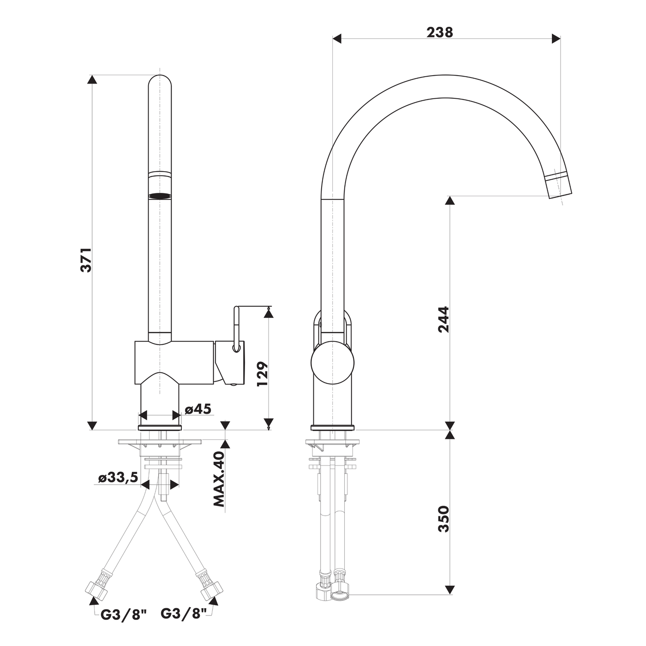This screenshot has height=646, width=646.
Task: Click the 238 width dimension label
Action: pos(439,32)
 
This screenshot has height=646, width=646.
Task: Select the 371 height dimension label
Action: pos(86,260)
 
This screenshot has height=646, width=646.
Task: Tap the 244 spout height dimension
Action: pos(443,319)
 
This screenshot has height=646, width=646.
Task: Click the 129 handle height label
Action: pos(263,374)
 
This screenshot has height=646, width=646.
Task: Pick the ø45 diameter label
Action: pos(198,409)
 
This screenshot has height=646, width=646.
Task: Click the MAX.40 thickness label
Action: pos(219,479)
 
